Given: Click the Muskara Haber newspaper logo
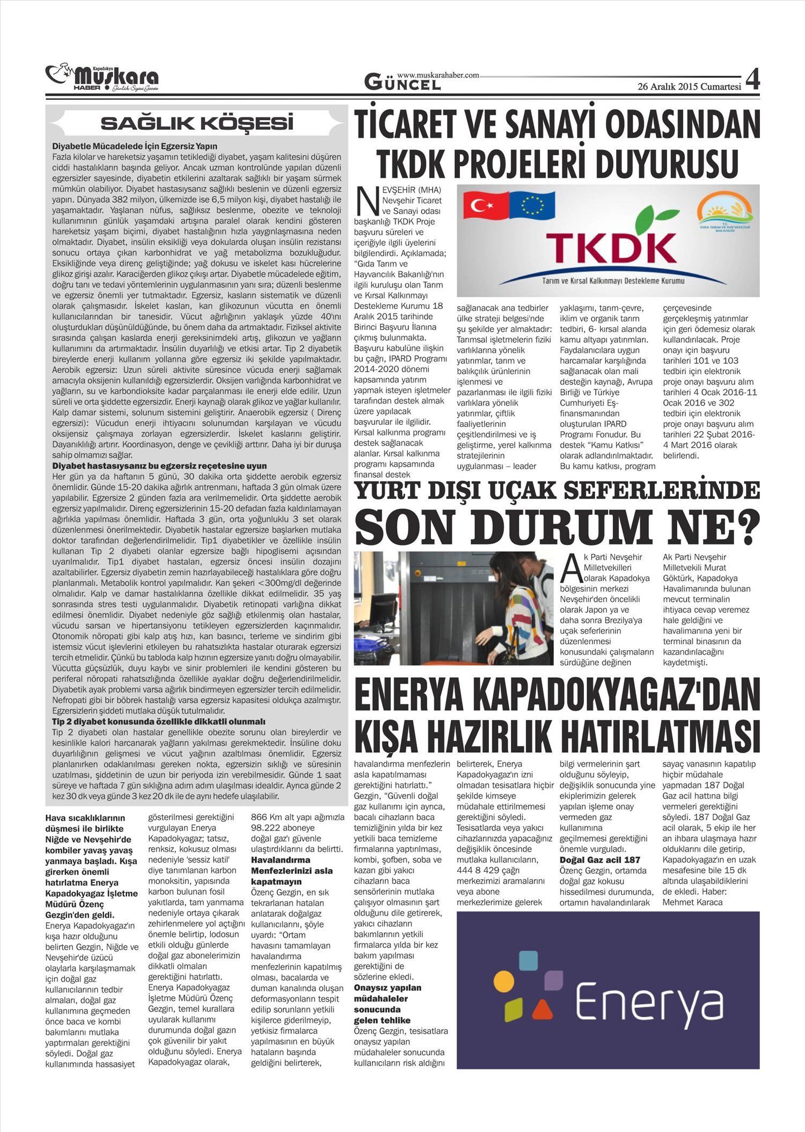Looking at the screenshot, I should pyautogui.click(x=102, y=78).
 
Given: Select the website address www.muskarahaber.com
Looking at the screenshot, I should pyautogui.click(x=438, y=76).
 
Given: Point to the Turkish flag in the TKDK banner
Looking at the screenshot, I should pyautogui.click(x=485, y=206).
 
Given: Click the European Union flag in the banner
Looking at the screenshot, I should pyautogui.click(x=532, y=205).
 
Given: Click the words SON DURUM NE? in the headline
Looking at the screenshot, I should pyautogui.click(x=557, y=527).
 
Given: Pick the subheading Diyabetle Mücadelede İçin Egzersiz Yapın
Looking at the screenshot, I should pyautogui.click(x=135, y=146).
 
